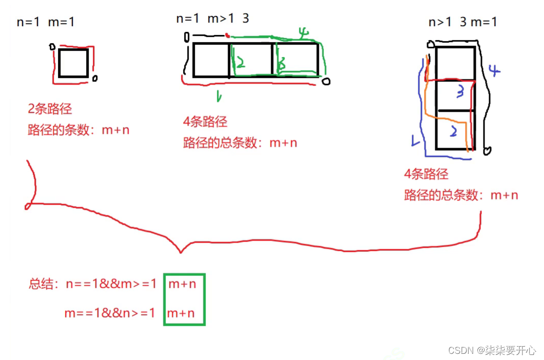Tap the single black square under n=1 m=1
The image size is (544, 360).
(x=73, y=63)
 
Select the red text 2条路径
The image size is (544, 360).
(x=50, y=109)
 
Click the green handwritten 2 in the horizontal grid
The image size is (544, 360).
(x=240, y=63)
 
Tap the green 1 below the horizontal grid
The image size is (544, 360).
(x=218, y=95)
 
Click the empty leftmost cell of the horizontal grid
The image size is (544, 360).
(x=211, y=61)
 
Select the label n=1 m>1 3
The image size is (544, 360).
(x=213, y=18)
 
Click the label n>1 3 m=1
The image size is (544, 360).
(x=462, y=22)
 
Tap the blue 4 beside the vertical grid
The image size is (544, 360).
(x=493, y=70)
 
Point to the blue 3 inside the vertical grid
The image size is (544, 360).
(x=460, y=92)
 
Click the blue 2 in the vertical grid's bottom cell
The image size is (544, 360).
(x=453, y=131)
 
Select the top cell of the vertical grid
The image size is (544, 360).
(x=455, y=63)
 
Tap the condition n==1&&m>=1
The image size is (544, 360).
(x=111, y=284)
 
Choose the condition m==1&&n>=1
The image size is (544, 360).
(x=110, y=312)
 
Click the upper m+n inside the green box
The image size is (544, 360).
(x=182, y=284)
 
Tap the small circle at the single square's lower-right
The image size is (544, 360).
(x=95, y=78)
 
